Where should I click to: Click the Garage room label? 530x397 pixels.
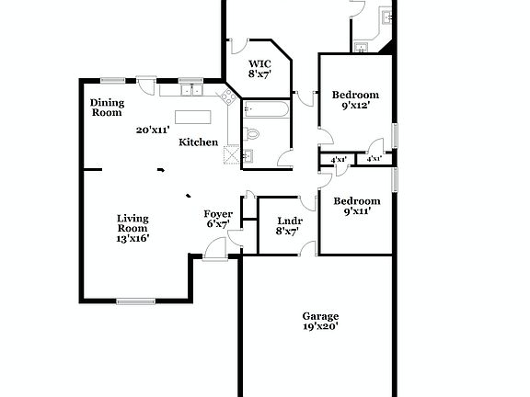320,315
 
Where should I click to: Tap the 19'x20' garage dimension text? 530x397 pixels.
320,326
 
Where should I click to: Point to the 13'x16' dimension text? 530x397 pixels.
132,238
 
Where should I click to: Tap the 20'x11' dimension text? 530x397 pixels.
153,130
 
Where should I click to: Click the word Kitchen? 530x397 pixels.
199,142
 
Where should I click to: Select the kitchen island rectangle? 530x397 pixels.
194,117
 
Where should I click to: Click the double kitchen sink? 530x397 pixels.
192,90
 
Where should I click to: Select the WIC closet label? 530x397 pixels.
259,66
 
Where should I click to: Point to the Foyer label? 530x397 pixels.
218,214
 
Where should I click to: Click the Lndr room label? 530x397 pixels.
287,221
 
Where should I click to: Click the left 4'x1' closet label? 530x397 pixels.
339,160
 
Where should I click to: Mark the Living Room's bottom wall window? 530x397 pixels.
135,301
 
